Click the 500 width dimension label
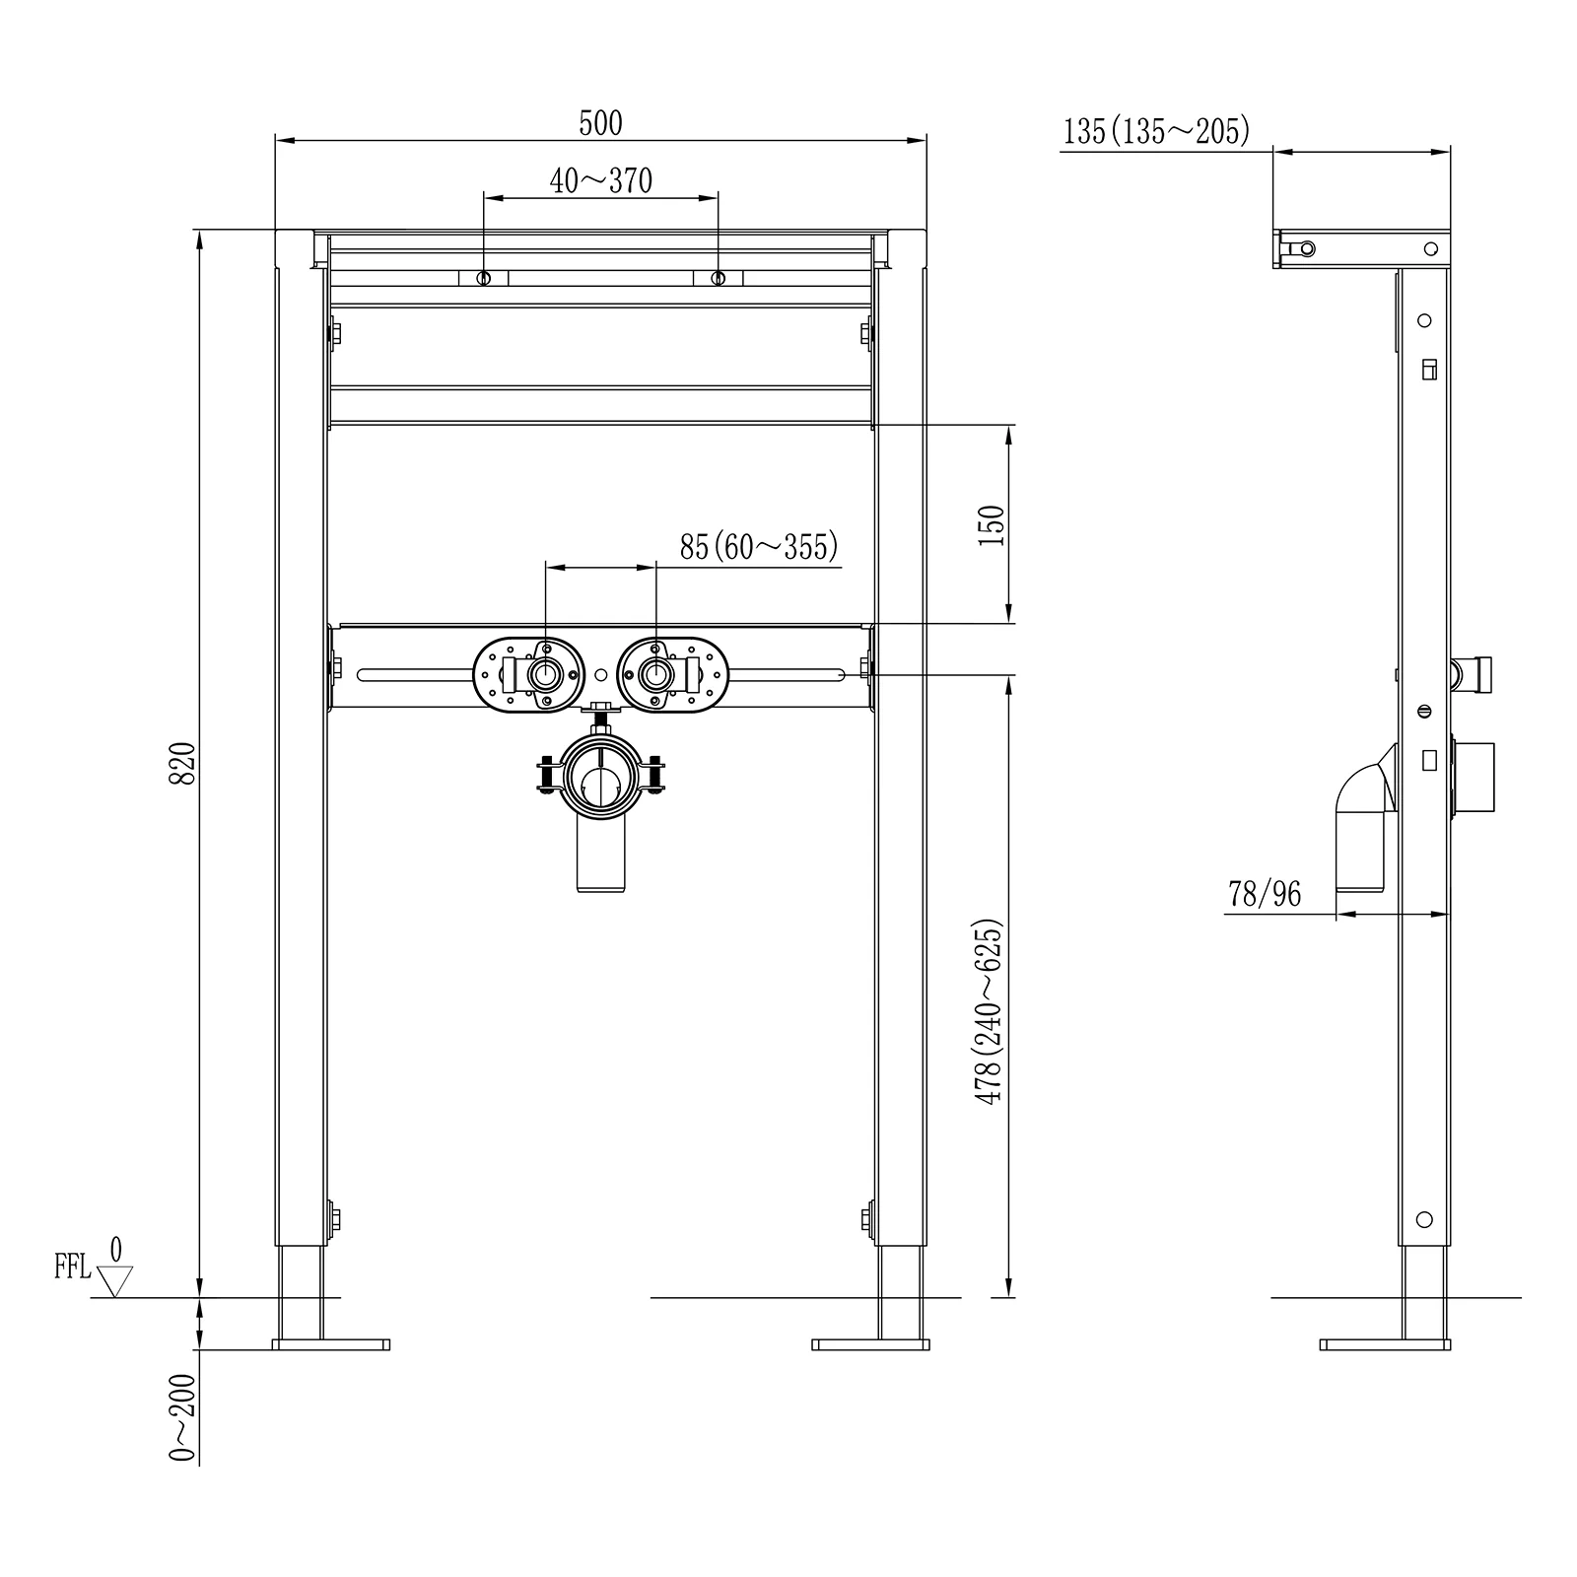600,123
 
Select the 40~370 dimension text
601,180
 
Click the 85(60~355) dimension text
759,546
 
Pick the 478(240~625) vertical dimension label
990,1011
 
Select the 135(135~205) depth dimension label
1157,131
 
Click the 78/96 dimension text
1265,894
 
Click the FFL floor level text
73,1268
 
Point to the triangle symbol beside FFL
116,1281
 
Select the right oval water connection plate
672,674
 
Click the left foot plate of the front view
331,1344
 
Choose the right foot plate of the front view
870,1344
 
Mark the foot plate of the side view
1385,1344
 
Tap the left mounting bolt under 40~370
483,279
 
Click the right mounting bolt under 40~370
718,279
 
